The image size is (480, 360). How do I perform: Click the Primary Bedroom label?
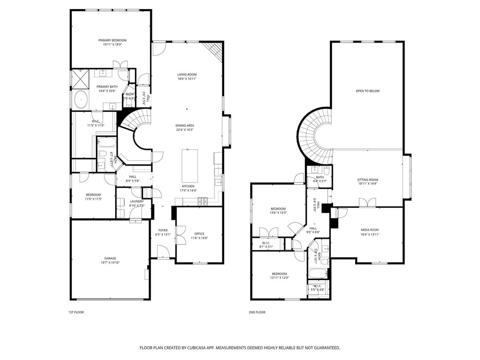coord(112,40)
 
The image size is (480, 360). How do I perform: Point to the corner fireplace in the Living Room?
coord(214,50)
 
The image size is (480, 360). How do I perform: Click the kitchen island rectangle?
coord(190,166)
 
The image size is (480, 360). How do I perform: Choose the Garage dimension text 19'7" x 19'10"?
coord(110,263)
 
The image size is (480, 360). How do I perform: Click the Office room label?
coord(199,234)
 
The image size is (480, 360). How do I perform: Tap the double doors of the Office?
coord(180,234)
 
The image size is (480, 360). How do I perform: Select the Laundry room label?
coord(137,201)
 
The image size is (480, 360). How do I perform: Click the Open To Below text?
coord(368,91)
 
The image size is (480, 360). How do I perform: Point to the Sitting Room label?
coord(368,180)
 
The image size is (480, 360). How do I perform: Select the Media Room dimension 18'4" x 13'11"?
coord(370,234)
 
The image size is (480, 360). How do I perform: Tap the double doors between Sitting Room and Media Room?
coord(367,203)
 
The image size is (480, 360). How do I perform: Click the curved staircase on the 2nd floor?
coord(310,134)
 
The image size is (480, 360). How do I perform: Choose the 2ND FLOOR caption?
coord(257,312)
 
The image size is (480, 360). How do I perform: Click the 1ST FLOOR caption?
coord(76,312)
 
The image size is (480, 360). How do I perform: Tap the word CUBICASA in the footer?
coord(197,348)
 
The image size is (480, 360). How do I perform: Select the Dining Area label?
coord(184,125)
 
